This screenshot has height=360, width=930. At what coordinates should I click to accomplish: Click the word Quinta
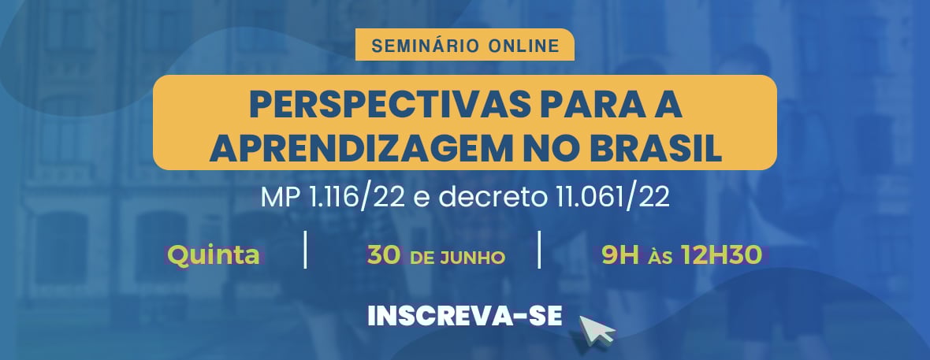click(x=214, y=255)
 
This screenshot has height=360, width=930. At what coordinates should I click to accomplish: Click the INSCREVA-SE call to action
click(x=465, y=315)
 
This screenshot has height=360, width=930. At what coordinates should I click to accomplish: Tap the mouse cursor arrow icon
click(x=596, y=329)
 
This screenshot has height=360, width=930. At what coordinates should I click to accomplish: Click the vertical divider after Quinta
click(x=305, y=250)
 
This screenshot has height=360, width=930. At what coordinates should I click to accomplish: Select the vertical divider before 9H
click(x=539, y=250)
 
